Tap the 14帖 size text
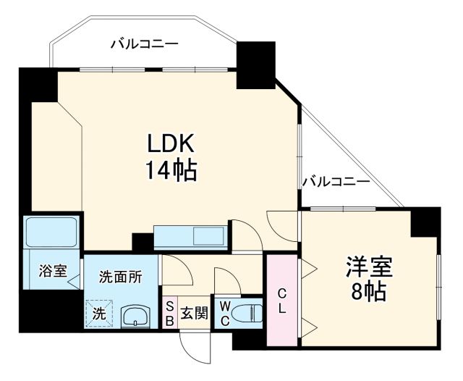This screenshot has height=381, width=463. [171, 171]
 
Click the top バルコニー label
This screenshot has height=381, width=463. [144, 44]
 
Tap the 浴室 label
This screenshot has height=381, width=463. [53, 272]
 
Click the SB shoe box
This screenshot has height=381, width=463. [169, 313]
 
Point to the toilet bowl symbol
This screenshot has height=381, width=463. [246, 313]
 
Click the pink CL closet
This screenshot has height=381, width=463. [283, 299]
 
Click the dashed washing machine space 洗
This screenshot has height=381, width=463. [98, 314]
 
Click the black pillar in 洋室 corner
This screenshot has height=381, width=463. [425, 222]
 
